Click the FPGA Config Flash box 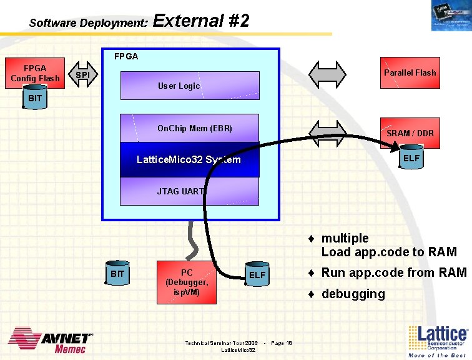click(35, 72)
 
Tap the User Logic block click(189, 86)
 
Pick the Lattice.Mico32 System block click(189, 160)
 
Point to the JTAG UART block click(189, 191)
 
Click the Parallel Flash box click(410, 72)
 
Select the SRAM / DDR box click(410, 133)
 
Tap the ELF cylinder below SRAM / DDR click(411, 159)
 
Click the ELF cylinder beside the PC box click(257, 275)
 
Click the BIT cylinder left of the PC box click(117, 274)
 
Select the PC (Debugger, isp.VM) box click(187, 282)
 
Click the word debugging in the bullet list click(353, 294)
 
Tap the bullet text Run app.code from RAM click(393, 272)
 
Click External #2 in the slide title click(201, 21)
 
